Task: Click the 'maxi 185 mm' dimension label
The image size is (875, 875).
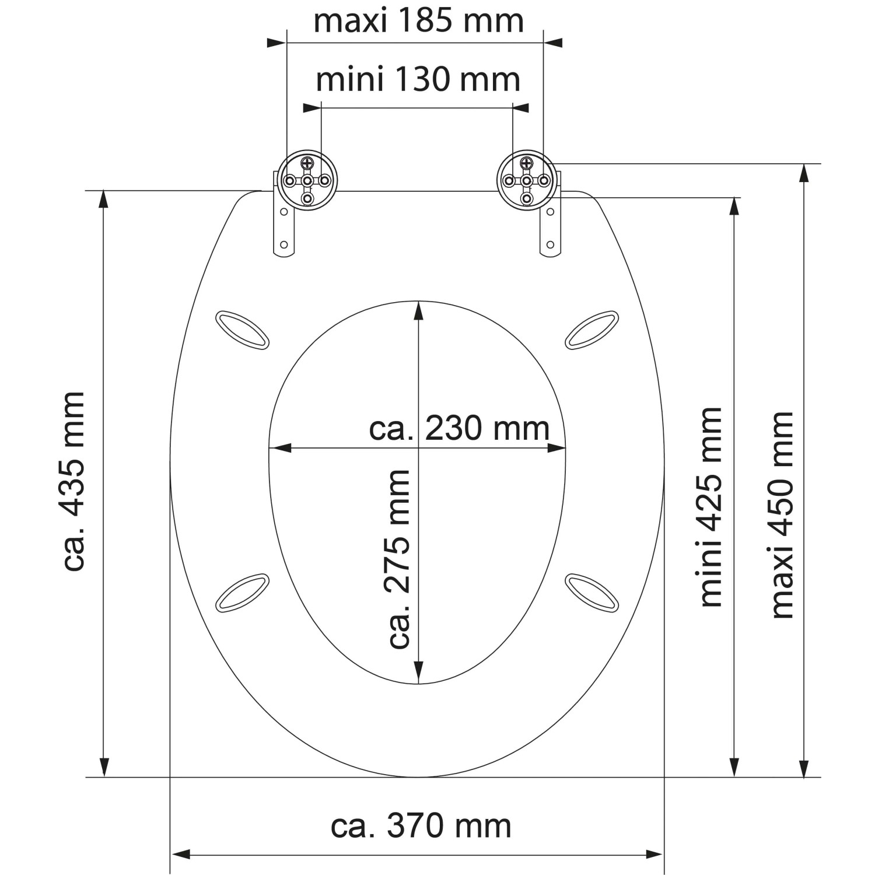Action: point(419,21)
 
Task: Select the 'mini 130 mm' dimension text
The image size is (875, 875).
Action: point(418,80)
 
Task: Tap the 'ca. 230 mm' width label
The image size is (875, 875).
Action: point(459,429)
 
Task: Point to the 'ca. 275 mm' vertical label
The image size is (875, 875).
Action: point(400,559)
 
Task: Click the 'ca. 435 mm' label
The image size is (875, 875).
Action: point(74,481)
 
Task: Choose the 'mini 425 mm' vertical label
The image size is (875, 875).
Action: point(711,507)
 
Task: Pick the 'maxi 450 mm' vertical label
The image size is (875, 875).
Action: point(782,515)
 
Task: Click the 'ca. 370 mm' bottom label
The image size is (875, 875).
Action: point(421,826)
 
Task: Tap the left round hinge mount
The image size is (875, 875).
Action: point(307,180)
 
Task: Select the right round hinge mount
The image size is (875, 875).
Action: point(527,180)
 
